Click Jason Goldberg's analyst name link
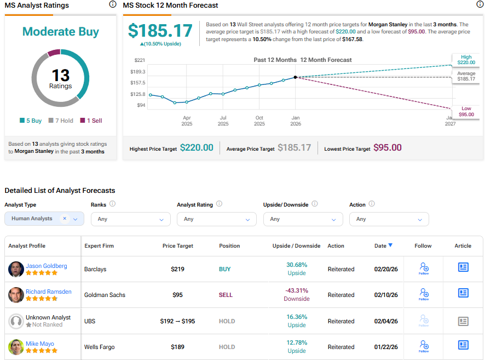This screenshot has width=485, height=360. click(x=46, y=266)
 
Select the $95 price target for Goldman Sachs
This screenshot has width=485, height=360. click(x=177, y=295)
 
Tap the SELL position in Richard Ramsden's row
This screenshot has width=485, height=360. click(x=226, y=295)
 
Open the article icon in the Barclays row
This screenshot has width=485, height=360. click(x=463, y=267)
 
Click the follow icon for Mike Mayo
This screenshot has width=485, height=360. click(x=424, y=346)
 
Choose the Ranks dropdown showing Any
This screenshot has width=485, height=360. click(x=130, y=219)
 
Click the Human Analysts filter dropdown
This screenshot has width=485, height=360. click(x=44, y=219)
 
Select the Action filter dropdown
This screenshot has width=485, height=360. click(x=389, y=219)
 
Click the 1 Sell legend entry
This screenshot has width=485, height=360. click(x=91, y=121)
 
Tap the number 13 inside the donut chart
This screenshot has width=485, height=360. click(x=60, y=76)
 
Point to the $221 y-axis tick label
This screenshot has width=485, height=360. click(x=140, y=60)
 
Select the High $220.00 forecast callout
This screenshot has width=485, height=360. click(x=467, y=60)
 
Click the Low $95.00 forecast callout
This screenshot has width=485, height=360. click(x=467, y=112)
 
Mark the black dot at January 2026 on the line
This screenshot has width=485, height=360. click(x=296, y=77)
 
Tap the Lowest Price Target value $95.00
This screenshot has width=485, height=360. click(x=388, y=147)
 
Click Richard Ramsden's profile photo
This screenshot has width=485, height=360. click(x=16, y=295)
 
